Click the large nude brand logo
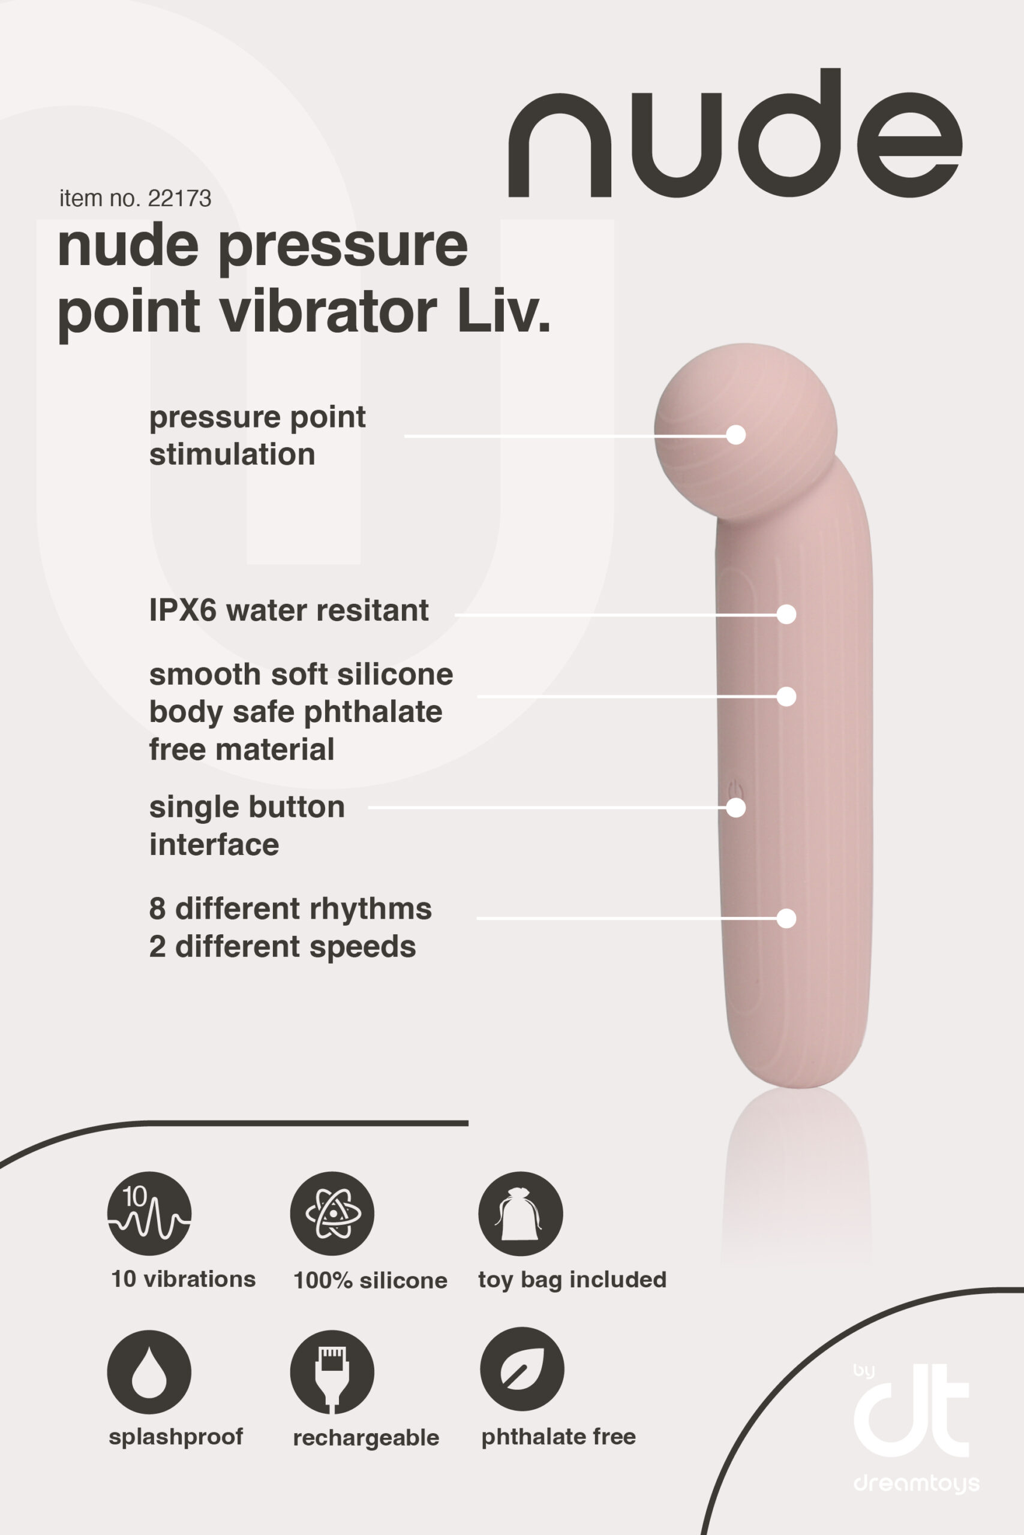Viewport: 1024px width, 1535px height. pyautogui.click(x=734, y=134)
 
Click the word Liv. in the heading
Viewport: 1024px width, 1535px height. pyautogui.click(x=503, y=311)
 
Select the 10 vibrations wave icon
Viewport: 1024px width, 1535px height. pyautogui.click(x=149, y=1213)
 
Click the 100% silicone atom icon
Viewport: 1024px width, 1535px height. pyautogui.click(x=332, y=1213)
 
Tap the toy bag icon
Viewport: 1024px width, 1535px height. pyautogui.click(x=520, y=1213)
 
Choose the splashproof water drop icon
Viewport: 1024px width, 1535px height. pyautogui.click(x=149, y=1373)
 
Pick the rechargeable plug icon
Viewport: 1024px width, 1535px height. pyautogui.click(x=332, y=1373)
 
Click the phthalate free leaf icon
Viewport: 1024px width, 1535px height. pyautogui.click(x=522, y=1370)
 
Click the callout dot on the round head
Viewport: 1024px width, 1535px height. pyautogui.click(x=736, y=435)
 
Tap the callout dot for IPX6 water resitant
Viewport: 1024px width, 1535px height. pyautogui.click(x=786, y=614)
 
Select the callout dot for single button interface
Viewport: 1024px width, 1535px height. pyautogui.click(x=736, y=807)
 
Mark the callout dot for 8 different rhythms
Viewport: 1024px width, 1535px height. pyautogui.click(x=786, y=918)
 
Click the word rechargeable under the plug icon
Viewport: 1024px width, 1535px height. pyautogui.click(x=366, y=1438)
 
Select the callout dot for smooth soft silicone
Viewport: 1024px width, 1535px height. pyautogui.click(x=786, y=696)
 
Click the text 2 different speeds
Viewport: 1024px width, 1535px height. pyautogui.click(x=282, y=947)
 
